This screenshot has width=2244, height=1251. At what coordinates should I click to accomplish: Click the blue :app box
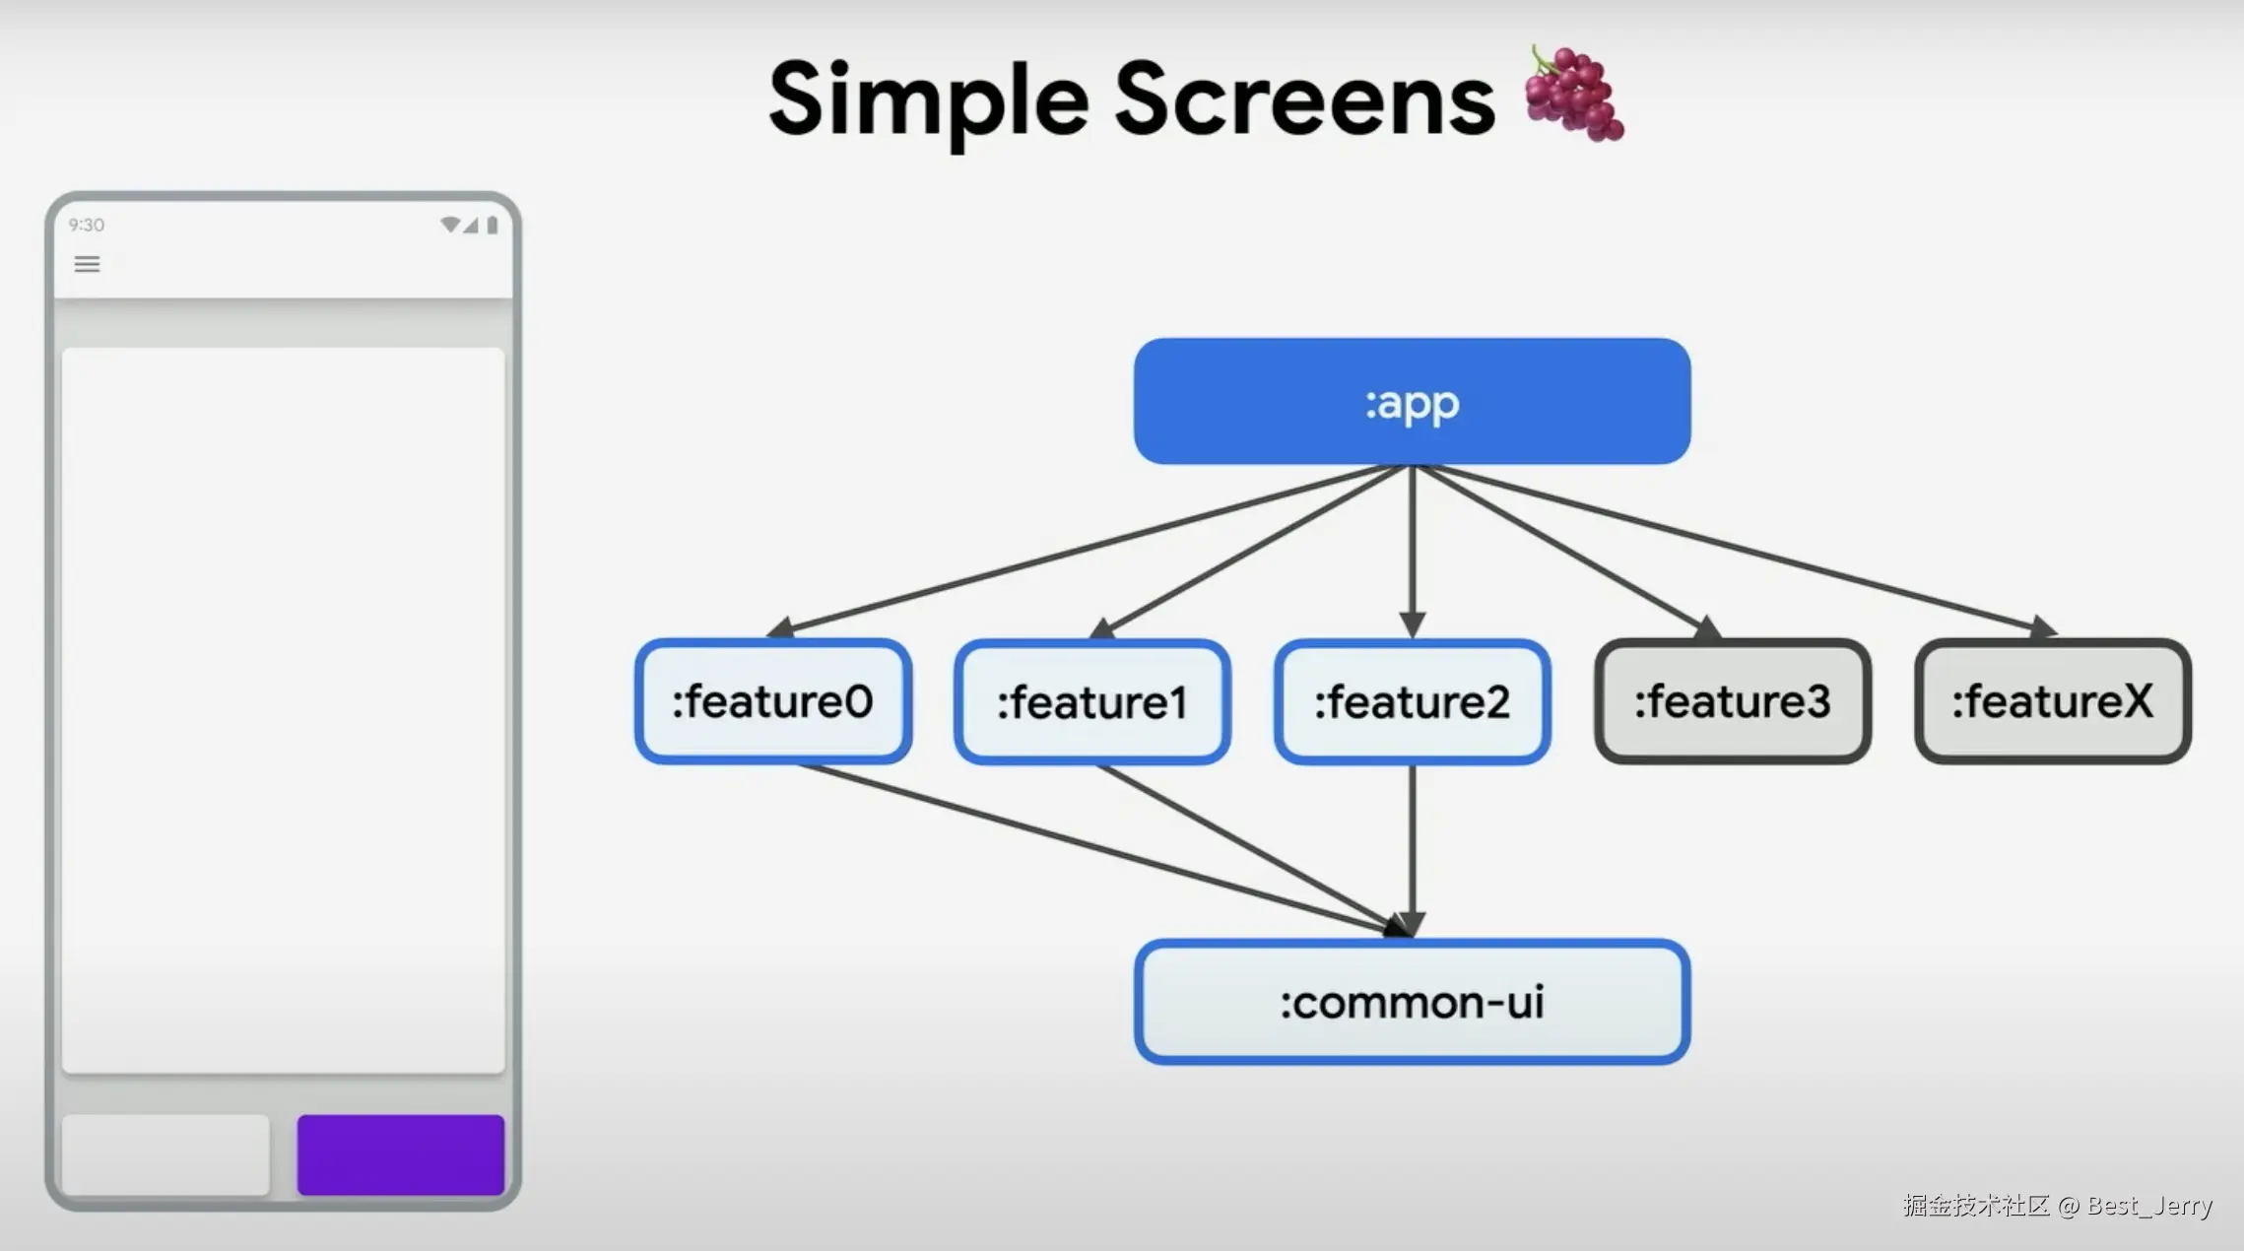[x=1412, y=401]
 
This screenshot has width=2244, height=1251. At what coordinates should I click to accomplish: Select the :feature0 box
[x=773, y=701]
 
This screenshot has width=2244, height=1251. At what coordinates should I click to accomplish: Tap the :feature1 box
[x=1092, y=701]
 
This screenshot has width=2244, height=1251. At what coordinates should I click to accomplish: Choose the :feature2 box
[x=1413, y=701]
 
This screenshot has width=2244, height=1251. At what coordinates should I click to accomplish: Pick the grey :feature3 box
[x=1733, y=701]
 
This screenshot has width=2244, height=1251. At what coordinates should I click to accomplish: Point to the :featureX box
[x=2053, y=701]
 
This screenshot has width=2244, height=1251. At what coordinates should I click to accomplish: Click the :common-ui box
[x=1412, y=1002]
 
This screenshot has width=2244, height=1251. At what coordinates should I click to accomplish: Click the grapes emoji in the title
[x=1573, y=94]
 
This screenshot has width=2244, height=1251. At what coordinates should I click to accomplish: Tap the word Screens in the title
[x=1305, y=99]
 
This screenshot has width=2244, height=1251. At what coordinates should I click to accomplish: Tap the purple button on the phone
[x=401, y=1154]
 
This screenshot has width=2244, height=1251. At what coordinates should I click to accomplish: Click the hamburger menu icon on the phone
[x=87, y=264]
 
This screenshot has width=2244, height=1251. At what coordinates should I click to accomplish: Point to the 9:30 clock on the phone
[x=87, y=225]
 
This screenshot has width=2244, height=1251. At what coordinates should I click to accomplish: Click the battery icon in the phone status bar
[x=493, y=225]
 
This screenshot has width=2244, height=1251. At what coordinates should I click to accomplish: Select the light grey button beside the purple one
[x=165, y=1154]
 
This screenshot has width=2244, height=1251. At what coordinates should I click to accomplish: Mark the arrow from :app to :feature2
[x=1413, y=552]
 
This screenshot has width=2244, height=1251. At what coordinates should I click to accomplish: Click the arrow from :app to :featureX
[x=1734, y=551]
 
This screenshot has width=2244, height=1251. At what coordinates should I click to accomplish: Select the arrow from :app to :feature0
[x=1089, y=551]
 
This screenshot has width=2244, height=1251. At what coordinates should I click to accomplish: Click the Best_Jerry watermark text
[x=2149, y=1206]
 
